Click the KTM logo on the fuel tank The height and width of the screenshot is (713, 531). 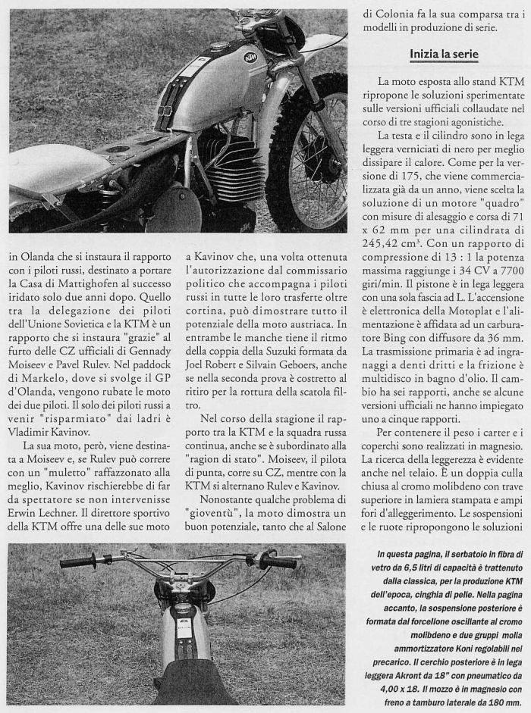[x=252, y=58]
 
